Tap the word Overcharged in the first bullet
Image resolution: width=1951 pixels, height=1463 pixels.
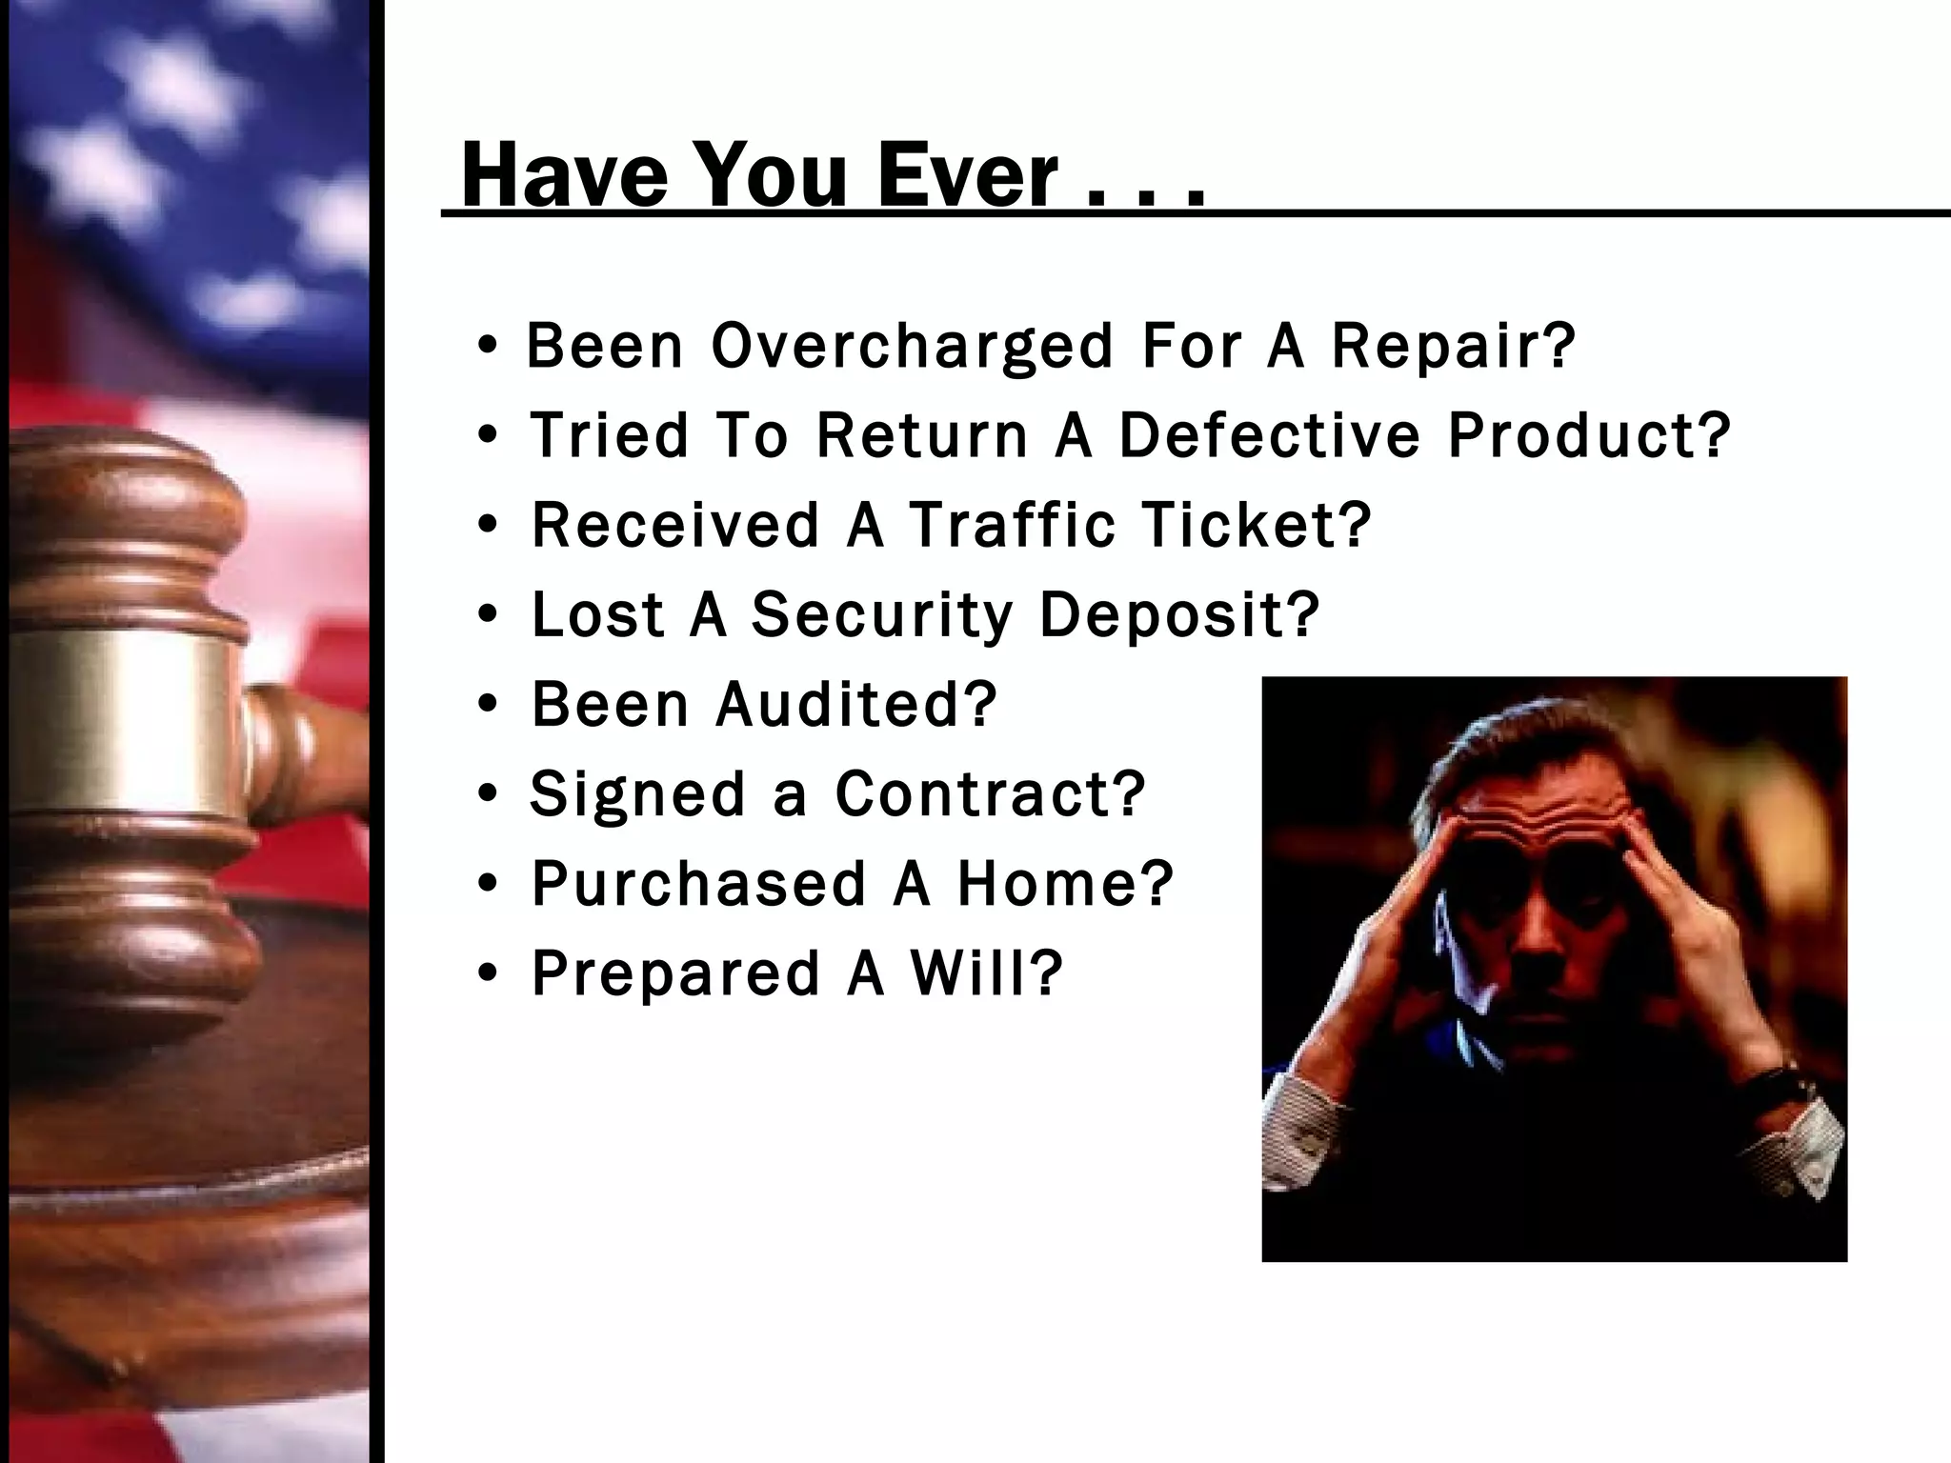click(x=912, y=346)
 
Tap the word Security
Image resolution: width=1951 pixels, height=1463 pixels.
click(x=882, y=614)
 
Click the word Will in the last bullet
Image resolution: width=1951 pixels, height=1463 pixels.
click(x=986, y=972)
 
